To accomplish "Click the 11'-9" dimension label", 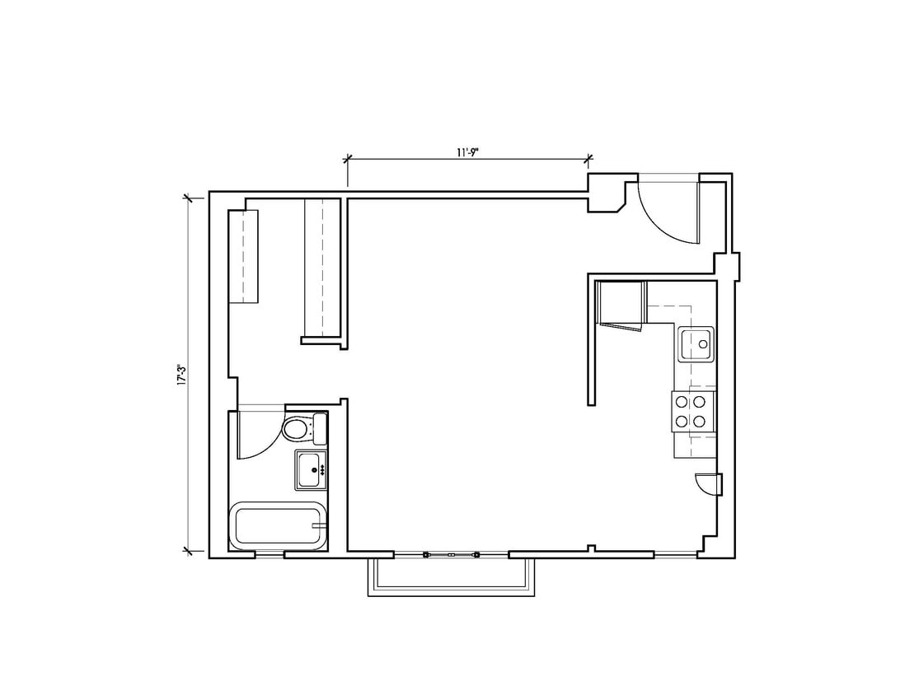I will tap(468, 152).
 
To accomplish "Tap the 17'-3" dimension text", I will tap(181, 375).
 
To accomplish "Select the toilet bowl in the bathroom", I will tap(294, 429).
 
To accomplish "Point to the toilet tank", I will tap(320, 428).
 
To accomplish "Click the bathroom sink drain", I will tap(313, 469).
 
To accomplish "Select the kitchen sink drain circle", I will tap(703, 343).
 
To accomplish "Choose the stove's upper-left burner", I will tap(683, 402).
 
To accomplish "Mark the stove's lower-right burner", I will tap(700, 421).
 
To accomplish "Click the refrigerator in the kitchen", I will tap(620, 303).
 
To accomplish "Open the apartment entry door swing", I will tap(669, 210).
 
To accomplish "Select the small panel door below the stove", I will tap(707, 485).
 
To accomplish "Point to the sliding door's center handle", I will tap(451, 554).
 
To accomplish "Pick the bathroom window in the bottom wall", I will tap(270, 555).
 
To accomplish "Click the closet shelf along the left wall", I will tap(243, 256).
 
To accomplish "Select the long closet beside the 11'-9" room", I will tap(322, 268).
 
